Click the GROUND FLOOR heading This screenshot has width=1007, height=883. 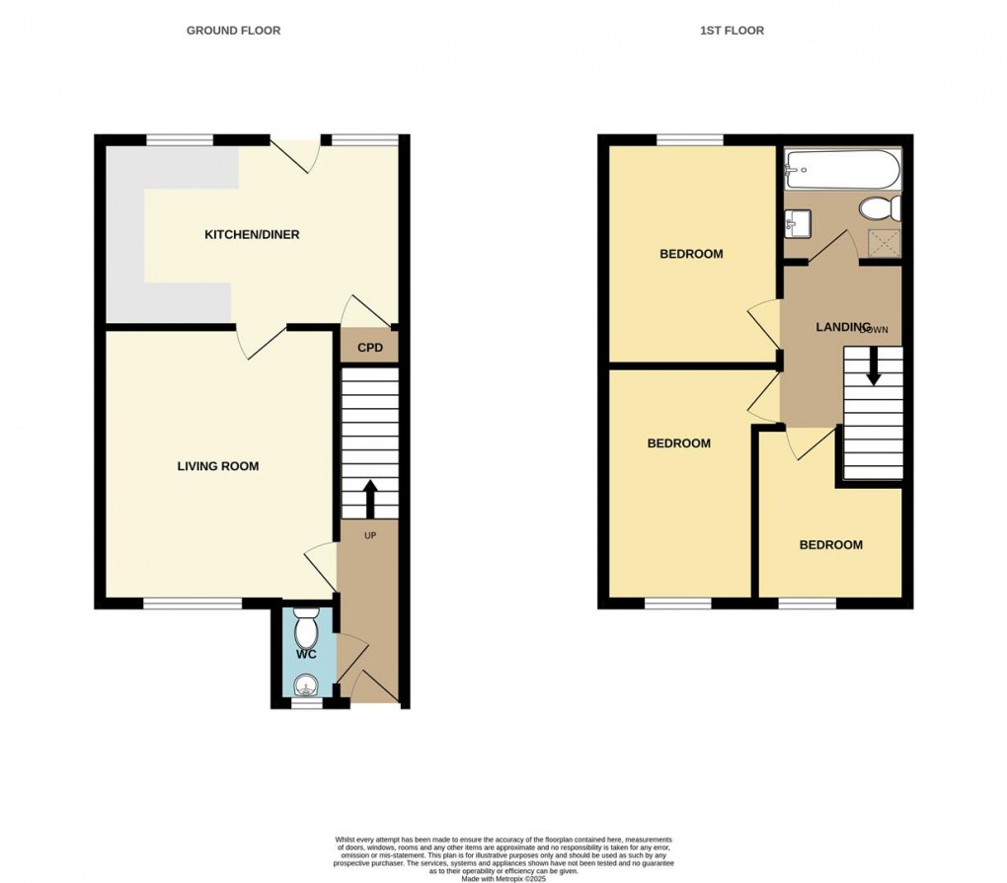[233, 31]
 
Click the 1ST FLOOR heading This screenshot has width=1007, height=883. [732, 31]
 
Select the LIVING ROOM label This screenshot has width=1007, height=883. [218, 466]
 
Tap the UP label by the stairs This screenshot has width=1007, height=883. [370, 535]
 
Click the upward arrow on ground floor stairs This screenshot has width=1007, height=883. [370, 499]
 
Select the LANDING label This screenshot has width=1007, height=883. [842, 327]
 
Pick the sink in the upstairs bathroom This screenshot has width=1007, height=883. [798, 223]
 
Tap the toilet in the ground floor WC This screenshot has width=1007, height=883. [306, 626]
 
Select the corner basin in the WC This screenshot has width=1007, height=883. [307, 682]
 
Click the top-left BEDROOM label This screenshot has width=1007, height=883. [691, 254]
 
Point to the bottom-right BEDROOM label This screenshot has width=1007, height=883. [830, 545]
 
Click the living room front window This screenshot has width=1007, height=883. [193, 602]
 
